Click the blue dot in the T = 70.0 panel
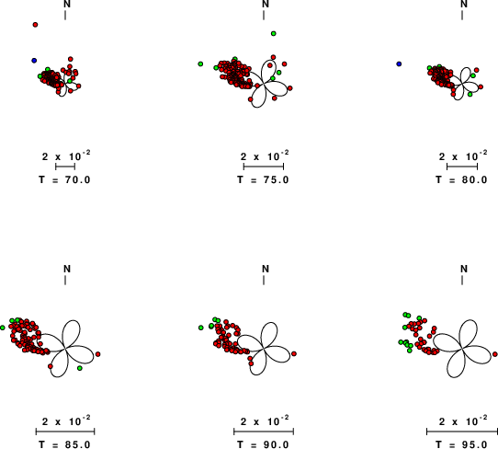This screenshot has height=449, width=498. (34, 61)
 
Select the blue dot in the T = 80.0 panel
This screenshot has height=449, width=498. (399, 63)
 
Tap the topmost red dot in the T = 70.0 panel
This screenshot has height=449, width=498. (35, 25)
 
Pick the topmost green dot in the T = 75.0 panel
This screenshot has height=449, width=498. (274, 33)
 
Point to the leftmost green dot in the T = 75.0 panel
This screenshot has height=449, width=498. (200, 63)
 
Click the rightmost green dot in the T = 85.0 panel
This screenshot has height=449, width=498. (80, 368)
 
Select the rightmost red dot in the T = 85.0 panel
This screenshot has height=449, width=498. (97, 354)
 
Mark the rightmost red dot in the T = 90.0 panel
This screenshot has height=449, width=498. (294, 353)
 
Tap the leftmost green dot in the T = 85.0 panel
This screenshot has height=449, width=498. (3, 328)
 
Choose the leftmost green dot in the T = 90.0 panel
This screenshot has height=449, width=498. (201, 328)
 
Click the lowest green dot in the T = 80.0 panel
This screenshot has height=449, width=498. (470, 95)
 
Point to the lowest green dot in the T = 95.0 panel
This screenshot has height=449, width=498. (410, 351)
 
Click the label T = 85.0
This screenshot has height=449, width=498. (65, 444)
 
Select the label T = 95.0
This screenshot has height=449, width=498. (461, 444)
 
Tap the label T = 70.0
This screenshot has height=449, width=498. (65, 179)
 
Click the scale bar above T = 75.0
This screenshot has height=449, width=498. (264, 167)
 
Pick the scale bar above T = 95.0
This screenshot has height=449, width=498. (462, 432)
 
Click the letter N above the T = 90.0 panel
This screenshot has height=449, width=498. (266, 269)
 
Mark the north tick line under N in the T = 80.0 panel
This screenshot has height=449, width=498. (462, 16)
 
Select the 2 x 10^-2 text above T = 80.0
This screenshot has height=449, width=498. (463, 156)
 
